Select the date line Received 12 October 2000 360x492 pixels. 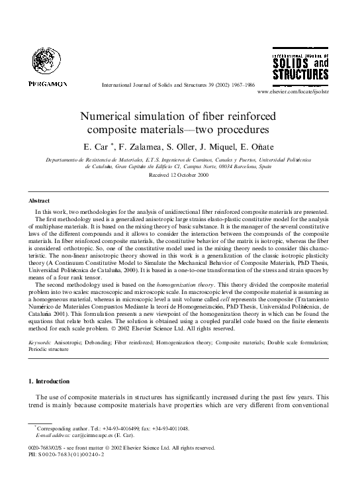pyautogui.click(x=179, y=175)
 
